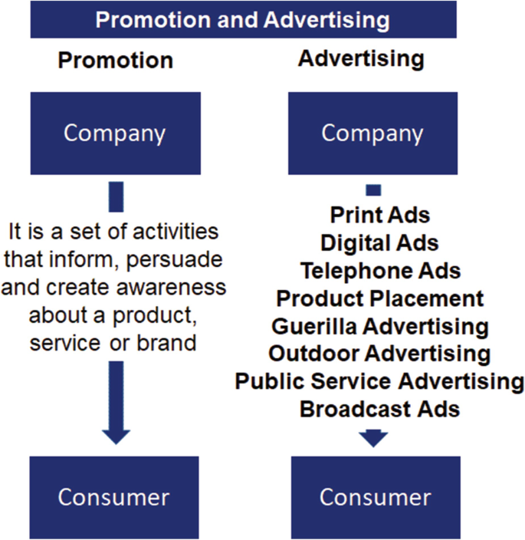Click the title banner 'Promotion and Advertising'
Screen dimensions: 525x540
pyautogui.click(x=242, y=19)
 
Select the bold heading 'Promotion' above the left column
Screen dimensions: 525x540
pyautogui.click(x=115, y=60)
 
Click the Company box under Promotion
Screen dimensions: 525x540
pyautogui.click(x=115, y=133)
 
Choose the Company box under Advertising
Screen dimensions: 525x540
pyautogui.click(x=372, y=133)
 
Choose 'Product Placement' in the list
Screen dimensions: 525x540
pyautogui.click(x=380, y=298)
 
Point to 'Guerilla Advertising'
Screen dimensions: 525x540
pyautogui.click(x=380, y=326)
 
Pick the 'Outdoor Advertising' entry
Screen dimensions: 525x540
pyautogui.click(x=380, y=354)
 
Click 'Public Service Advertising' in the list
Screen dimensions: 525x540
pyautogui.click(x=380, y=381)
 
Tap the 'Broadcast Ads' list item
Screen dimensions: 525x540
pyautogui.click(x=380, y=409)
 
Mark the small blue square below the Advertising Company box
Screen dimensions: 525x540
pyautogui.click(x=373, y=190)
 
